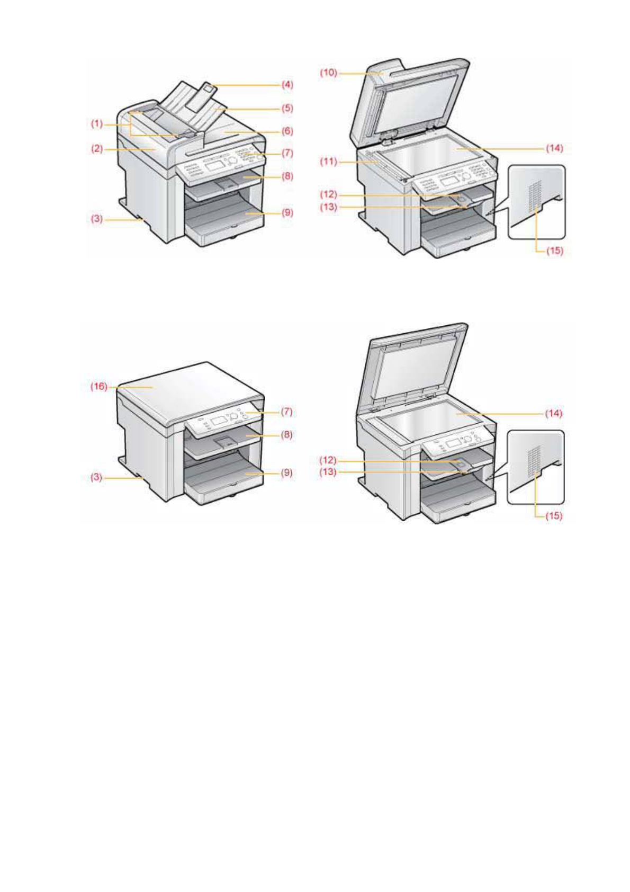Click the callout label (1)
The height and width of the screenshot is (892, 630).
(96, 124)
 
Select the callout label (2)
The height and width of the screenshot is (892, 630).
(96, 149)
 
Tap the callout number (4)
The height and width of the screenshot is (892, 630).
(287, 84)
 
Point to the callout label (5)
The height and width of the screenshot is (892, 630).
(287, 108)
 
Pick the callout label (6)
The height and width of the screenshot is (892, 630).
(287, 131)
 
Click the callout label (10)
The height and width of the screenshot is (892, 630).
(328, 73)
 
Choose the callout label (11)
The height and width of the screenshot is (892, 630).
(328, 162)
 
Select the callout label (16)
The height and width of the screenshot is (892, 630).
(98, 387)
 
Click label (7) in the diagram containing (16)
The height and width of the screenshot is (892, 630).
(286, 412)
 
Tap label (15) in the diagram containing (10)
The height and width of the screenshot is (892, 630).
(555, 251)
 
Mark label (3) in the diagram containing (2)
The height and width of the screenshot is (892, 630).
(96, 218)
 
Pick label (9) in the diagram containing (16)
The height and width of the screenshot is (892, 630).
(286, 472)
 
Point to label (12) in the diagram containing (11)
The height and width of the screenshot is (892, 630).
(328, 195)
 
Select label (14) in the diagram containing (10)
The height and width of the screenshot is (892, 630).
(555, 149)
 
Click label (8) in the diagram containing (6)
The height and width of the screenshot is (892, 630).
(287, 176)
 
